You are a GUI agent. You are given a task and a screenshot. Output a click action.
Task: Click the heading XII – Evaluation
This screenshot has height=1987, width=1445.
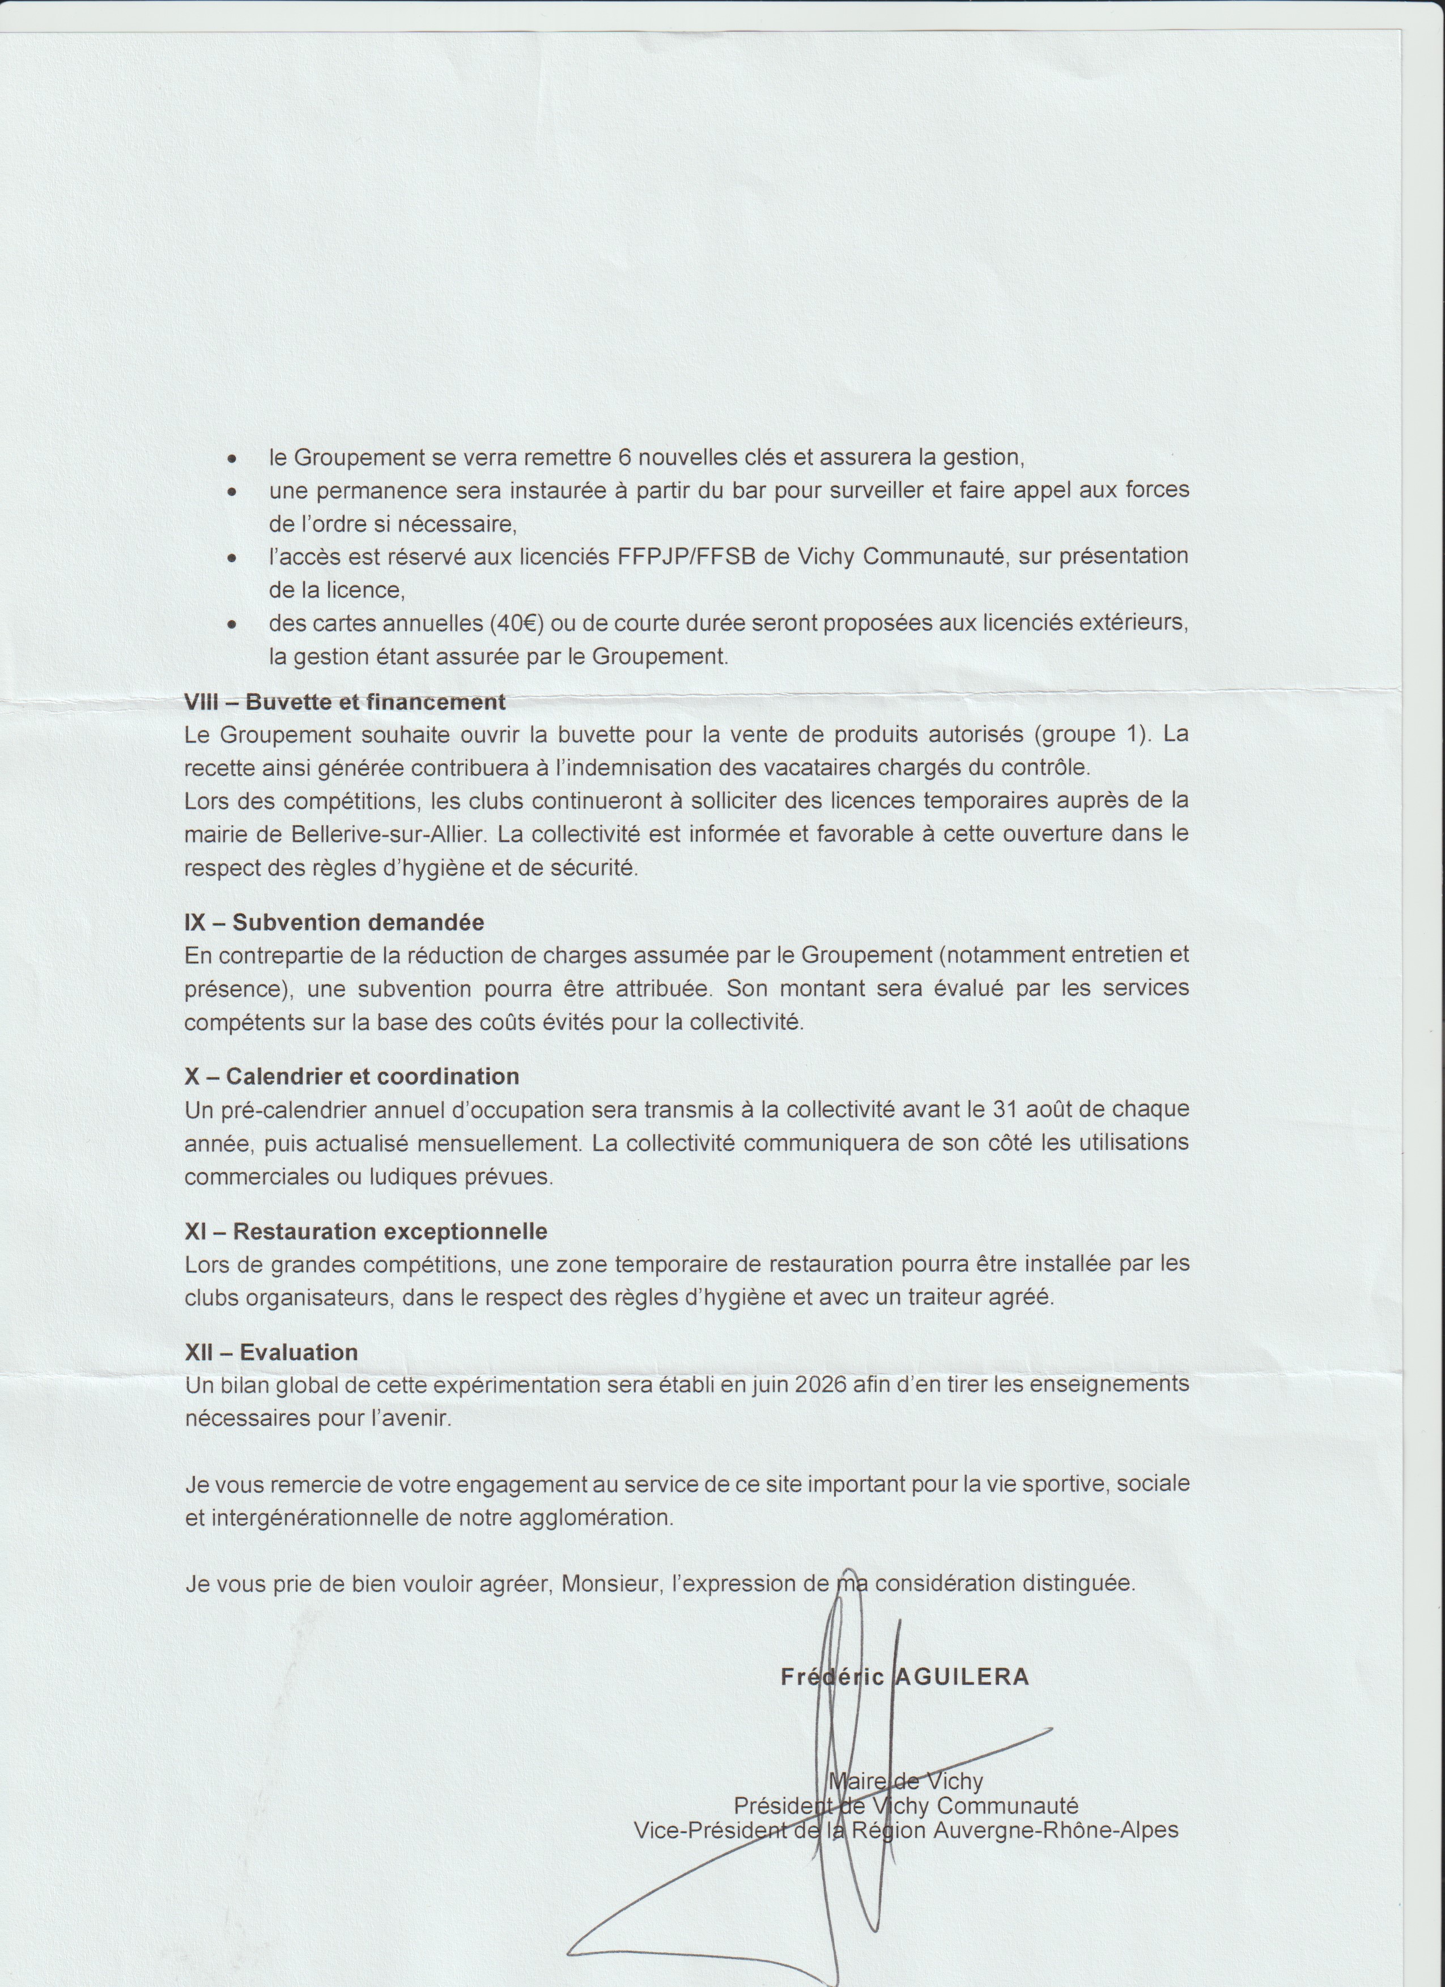tap(271, 1352)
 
